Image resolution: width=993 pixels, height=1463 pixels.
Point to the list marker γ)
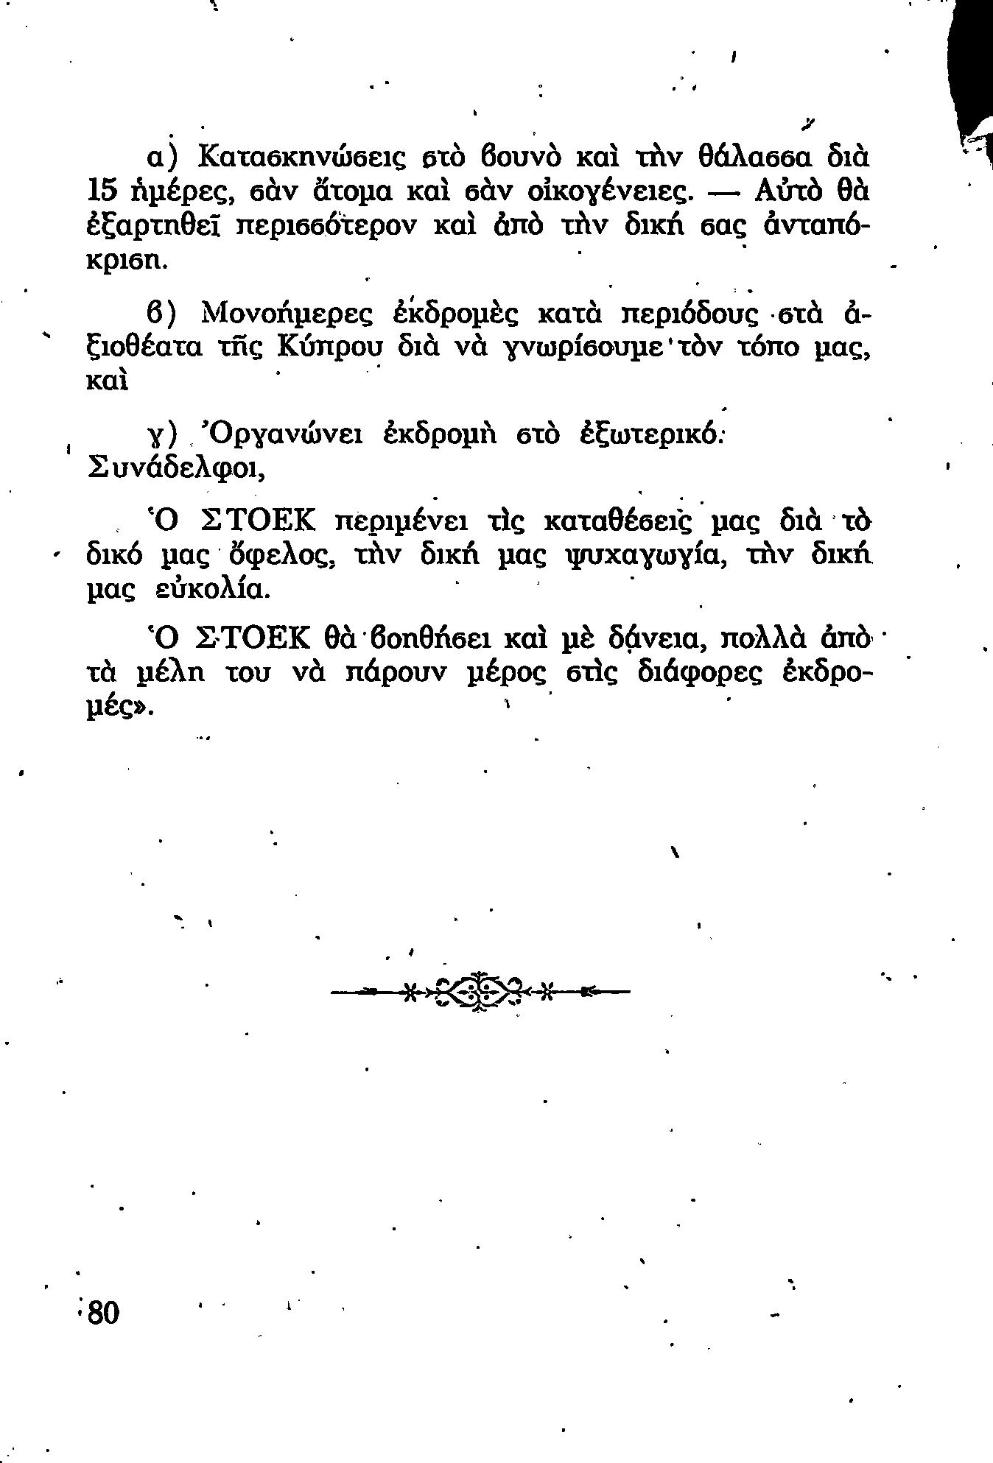click(x=160, y=437)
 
